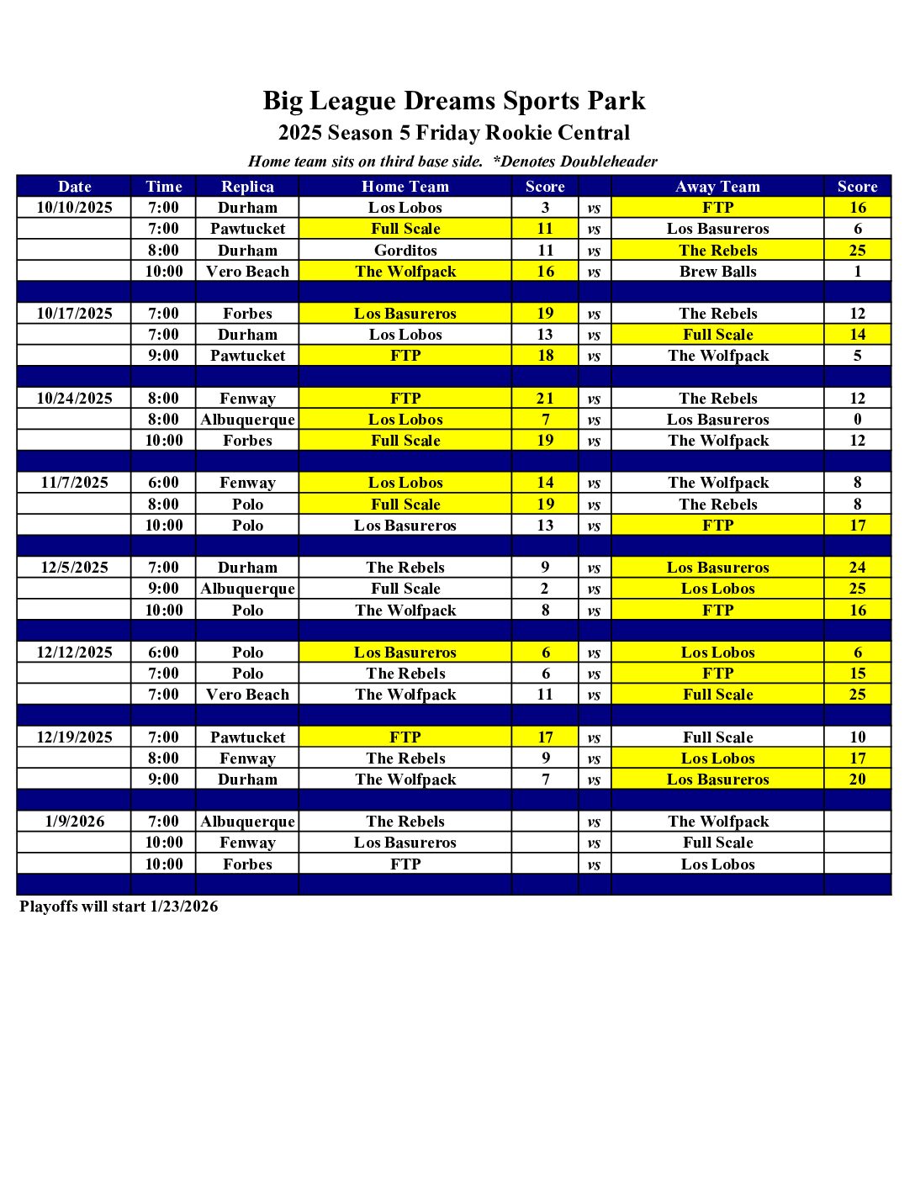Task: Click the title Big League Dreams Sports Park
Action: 454,101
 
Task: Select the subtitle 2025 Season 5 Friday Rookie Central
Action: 454,133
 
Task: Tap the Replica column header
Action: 247,187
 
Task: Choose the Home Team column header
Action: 405,187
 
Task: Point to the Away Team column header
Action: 717,187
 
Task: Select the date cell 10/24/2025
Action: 74,399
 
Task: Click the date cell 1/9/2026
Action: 74,822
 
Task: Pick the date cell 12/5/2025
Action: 74,568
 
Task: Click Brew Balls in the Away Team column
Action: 717,272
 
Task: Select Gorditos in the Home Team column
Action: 405,251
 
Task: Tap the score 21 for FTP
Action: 545,399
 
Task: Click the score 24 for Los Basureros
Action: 857,568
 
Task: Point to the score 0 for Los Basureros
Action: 857,420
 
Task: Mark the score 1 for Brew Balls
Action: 857,272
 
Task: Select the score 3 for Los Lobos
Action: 545,208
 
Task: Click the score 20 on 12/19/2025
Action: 857,780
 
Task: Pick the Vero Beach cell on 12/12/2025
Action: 247,695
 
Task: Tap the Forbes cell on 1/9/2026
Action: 247,864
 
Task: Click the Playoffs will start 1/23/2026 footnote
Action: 119,906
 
